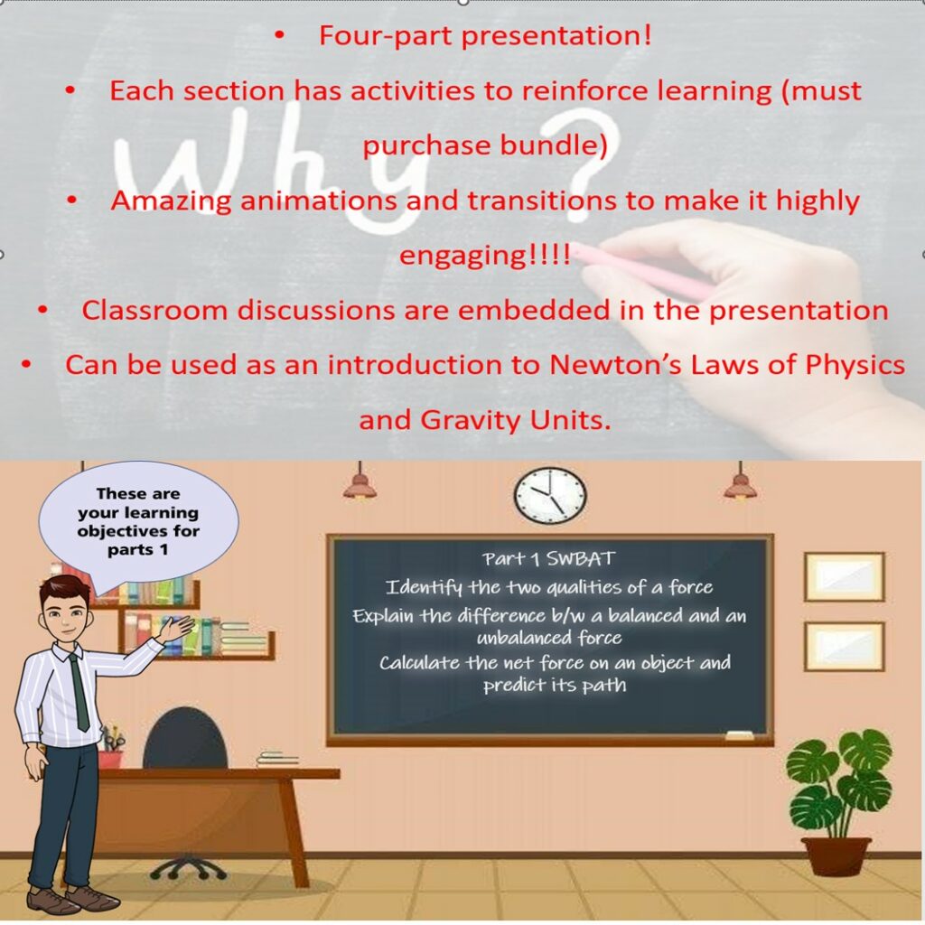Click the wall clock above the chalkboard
[x=550, y=496]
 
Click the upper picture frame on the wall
[x=844, y=576]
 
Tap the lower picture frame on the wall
[x=844, y=645]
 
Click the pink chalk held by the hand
[x=641, y=270]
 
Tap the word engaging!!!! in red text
[x=484, y=255]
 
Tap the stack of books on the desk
[x=276, y=759]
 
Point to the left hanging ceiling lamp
[x=360, y=486]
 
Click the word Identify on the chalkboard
[x=425, y=588]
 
